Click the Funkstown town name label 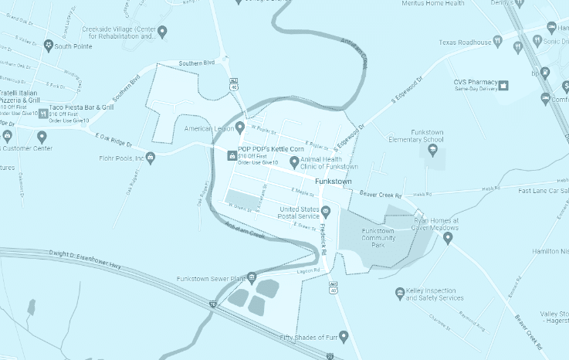coord(334,182)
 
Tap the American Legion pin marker coord(239,127)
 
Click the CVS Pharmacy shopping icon coord(503,84)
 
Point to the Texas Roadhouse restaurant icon coord(498,42)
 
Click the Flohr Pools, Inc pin coord(151,158)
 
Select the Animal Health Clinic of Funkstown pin coord(293,161)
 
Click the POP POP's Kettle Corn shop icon coord(231,155)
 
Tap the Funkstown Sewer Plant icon coord(252,277)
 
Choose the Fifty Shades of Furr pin coord(344,337)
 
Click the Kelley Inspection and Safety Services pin coord(400,293)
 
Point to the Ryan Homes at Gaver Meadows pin coord(448,237)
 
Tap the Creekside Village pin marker coord(162,31)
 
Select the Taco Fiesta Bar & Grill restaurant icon coord(43,114)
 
